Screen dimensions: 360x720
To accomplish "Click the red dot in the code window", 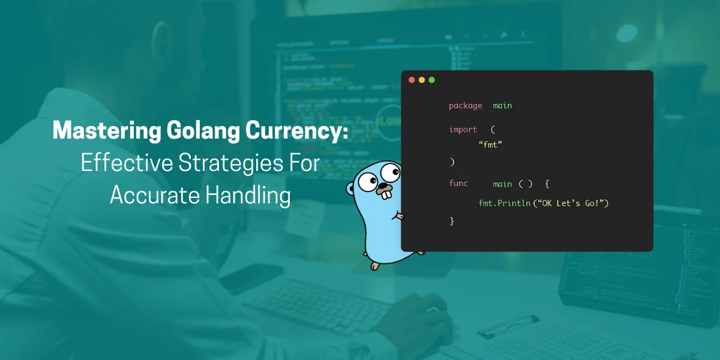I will (x=412, y=80).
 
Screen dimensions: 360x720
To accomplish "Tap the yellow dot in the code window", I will (x=422, y=80).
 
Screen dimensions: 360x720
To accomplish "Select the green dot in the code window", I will (x=431, y=80).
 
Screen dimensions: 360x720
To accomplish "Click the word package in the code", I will (x=465, y=106).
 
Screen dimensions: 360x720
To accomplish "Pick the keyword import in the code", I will (x=463, y=130).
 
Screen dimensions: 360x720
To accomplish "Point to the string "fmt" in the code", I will (x=490, y=145).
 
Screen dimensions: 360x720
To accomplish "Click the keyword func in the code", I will (x=458, y=184).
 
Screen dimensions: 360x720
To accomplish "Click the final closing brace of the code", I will (x=452, y=221).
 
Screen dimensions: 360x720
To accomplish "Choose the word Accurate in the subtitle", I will (x=155, y=195).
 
